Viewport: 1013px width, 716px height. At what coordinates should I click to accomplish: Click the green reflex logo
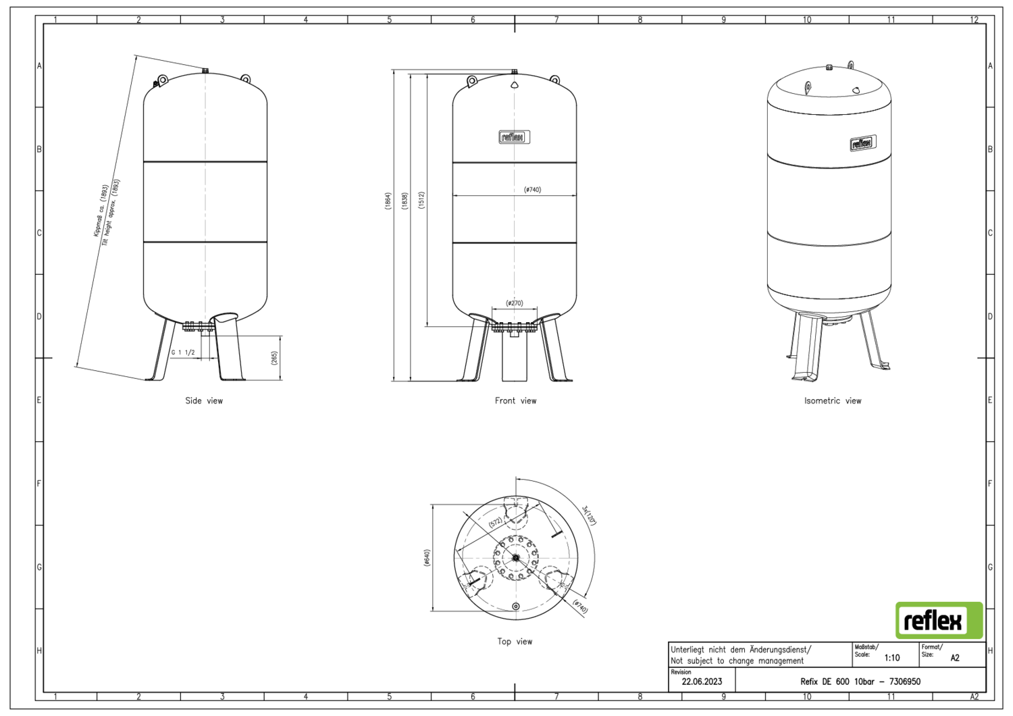coord(939,620)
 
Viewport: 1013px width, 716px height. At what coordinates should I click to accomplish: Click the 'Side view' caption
coord(204,401)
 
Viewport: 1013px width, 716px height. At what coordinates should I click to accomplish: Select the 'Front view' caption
coord(515,401)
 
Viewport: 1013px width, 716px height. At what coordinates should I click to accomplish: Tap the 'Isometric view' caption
coord(833,401)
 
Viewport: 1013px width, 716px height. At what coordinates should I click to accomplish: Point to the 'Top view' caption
coord(515,642)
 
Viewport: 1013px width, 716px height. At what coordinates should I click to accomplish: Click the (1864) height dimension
coord(388,201)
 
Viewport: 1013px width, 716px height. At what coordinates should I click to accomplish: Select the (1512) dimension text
coord(421,201)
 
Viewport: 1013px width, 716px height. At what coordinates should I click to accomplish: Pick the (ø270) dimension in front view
coord(514,303)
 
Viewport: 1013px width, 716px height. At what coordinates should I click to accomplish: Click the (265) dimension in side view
coord(274,358)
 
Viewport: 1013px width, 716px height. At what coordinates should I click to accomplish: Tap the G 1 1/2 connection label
coord(183,353)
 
